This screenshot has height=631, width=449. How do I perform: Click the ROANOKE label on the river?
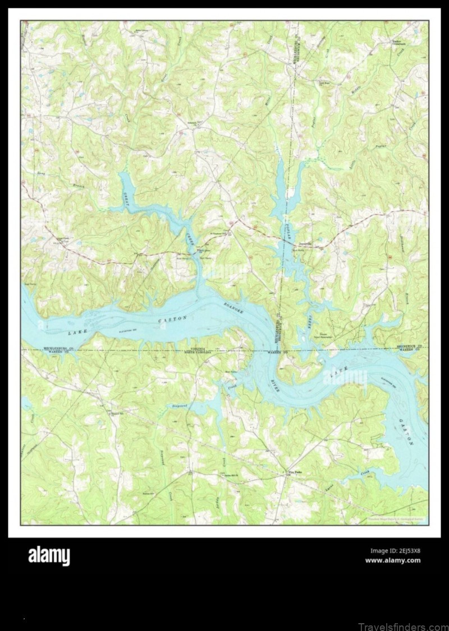232,303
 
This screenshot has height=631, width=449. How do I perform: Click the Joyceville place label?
306,244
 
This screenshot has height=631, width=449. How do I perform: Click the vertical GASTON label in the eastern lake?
406,431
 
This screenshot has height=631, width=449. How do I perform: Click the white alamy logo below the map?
49,556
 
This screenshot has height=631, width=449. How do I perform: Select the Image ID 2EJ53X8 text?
395,551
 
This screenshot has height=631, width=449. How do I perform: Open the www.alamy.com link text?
392,560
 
